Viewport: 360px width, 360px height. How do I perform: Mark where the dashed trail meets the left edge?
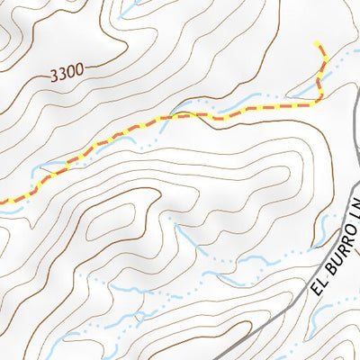tap(1, 202)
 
